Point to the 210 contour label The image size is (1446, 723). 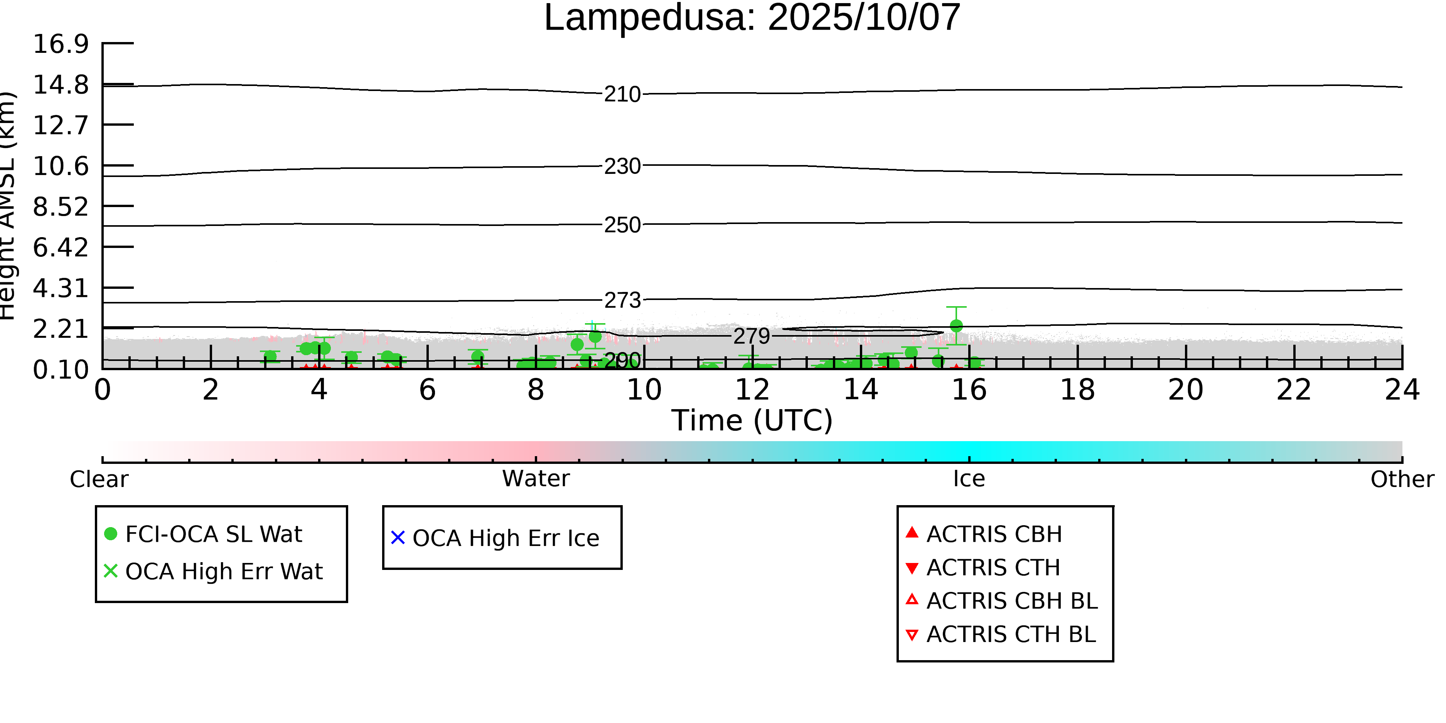622,94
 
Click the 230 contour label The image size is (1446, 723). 622,166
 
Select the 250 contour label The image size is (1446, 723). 622,225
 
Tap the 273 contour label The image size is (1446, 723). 622,301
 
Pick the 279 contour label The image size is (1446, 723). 752,336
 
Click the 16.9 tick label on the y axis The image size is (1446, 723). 61,44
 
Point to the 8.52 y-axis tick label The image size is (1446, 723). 61,207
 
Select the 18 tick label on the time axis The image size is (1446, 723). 1077,390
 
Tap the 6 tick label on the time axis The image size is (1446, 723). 427,390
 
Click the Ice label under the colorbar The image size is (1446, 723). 969,479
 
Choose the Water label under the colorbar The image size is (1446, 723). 536,479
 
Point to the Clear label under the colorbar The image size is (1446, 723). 99,479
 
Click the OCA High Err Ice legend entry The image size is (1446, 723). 505,538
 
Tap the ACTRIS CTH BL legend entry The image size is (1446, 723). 1010,635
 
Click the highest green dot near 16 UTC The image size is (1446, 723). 956,325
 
